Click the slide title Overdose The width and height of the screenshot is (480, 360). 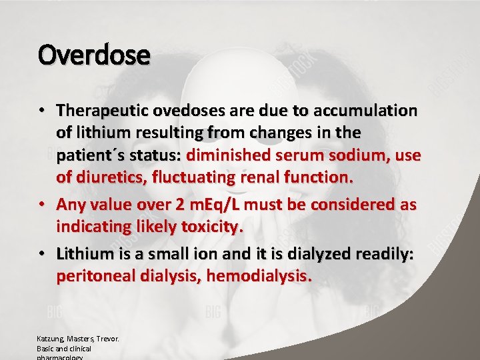(x=94, y=55)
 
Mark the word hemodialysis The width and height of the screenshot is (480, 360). (x=259, y=276)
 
